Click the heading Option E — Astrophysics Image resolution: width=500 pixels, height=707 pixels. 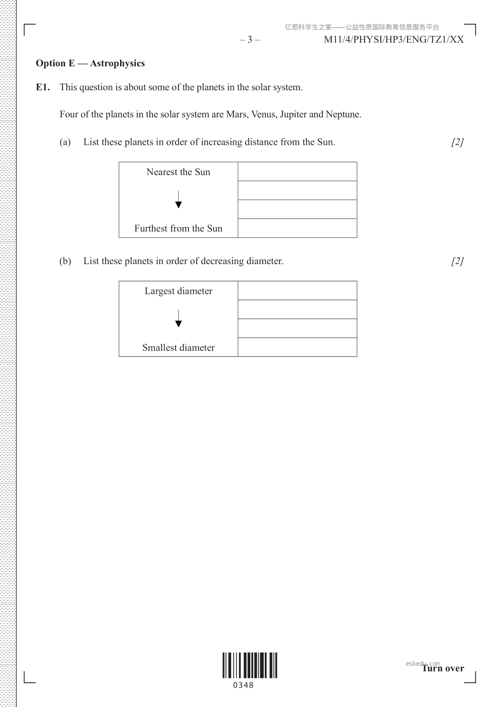click(x=90, y=63)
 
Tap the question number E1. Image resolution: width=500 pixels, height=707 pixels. click(x=43, y=87)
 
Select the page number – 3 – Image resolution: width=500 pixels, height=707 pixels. click(x=250, y=39)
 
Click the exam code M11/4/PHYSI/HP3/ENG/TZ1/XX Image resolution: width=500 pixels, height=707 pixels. click(x=394, y=39)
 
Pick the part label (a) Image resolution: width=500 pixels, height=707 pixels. click(x=65, y=142)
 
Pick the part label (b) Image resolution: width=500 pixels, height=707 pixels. click(x=65, y=261)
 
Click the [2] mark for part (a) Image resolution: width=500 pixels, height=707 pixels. click(x=457, y=142)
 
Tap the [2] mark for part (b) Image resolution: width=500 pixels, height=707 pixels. click(x=457, y=261)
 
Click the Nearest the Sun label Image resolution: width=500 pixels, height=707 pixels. click(x=178, y=172)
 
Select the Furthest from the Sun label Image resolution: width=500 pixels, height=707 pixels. click(x=178, y=228)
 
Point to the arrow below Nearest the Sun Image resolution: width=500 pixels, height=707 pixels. click(x=178, y=199)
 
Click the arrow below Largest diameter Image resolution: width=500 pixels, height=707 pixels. click(x=178, y=319)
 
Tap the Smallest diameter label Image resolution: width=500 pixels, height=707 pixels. click(x=178, y=348)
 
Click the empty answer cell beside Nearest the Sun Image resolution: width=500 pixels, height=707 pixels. click(x=297, y=172)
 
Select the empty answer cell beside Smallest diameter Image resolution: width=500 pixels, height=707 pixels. click(x=297, y=347)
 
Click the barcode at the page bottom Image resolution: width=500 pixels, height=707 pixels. click(x=250, y=665)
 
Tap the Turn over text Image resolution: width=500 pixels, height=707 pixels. click(x=443, y=668)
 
